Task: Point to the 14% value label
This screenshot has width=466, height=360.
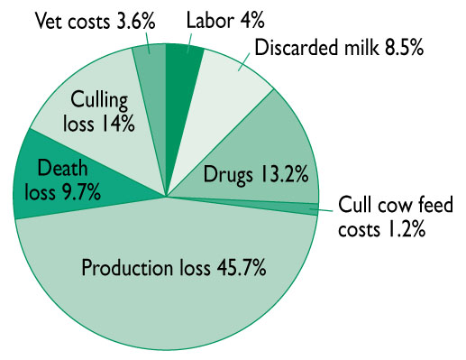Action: click(x=118, y=123)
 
